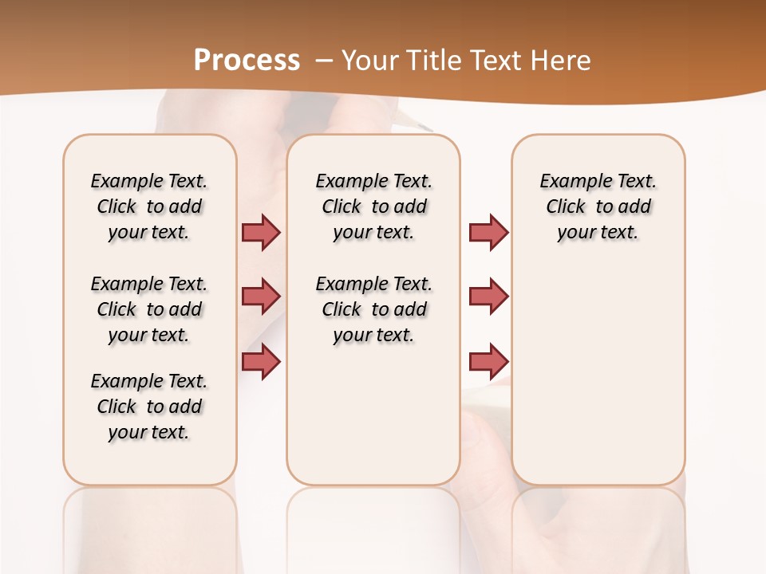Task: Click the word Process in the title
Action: [x=247, y=60]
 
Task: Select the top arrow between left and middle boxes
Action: [x=261, y=232]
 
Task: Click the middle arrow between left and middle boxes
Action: [x=261, y=297]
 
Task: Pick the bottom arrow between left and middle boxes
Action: [x=261, y=361]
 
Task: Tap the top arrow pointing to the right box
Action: [x=488, y=232]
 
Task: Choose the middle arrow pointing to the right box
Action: [x=488, y=297]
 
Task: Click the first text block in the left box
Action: [x=149, y=206]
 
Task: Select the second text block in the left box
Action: [x=149, y=309]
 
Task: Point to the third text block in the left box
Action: [x=149, y=407]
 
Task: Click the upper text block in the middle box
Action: [x=373, y=206]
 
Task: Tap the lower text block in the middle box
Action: [x=373, y=309]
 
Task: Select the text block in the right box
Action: [x=598, y=206]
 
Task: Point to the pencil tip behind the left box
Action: [x=424, y=127]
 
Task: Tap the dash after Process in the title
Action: [x=324, y=61]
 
